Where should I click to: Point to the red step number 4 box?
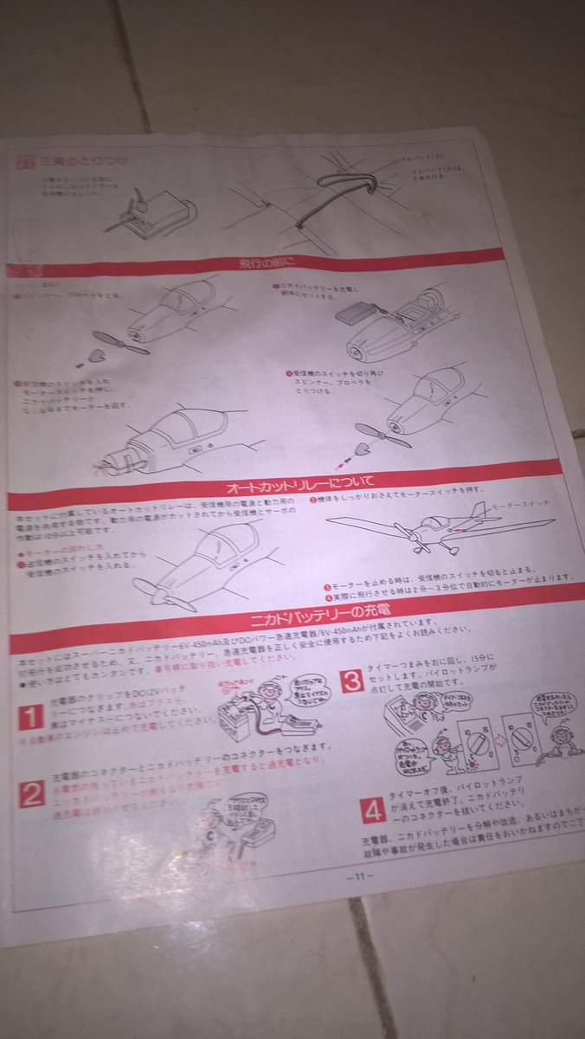pyautogui.click(x=374, y=810)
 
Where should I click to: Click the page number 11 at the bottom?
pyautogui.click(x=357, y=876)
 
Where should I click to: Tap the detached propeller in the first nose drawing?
pyautogui.click(x=121, y=344)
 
